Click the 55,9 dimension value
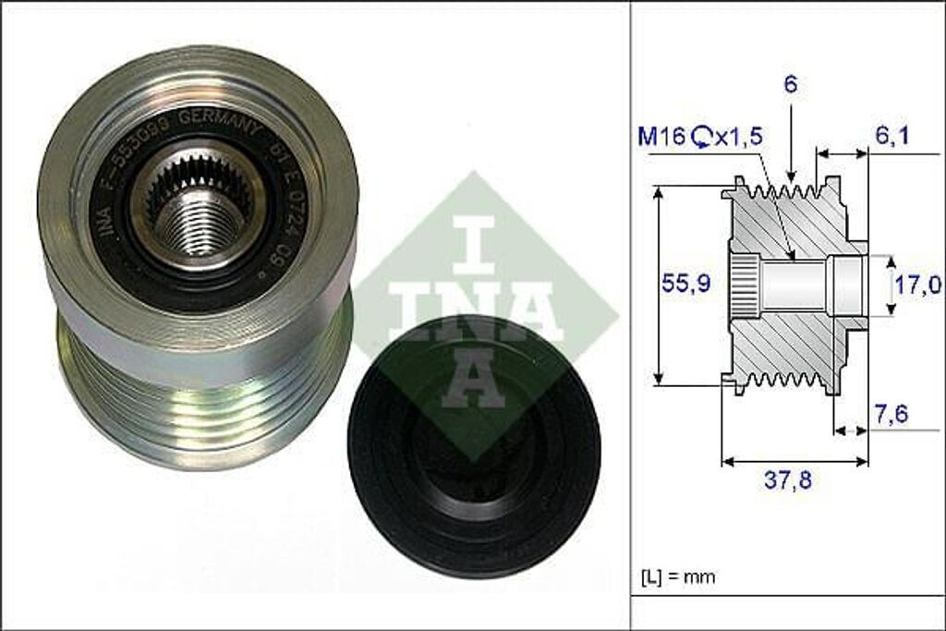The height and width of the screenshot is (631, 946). point(686,285)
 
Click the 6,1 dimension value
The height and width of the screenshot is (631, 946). point(892,136)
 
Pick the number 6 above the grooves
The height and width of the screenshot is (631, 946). point(792,85)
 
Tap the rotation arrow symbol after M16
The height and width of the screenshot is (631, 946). point(700,138)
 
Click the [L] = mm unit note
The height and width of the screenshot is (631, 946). point(677,577)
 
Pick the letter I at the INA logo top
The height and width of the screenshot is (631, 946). point(472,237)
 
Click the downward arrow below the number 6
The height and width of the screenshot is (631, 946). point(792,152)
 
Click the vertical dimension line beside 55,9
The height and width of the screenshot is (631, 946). point(658,285)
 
